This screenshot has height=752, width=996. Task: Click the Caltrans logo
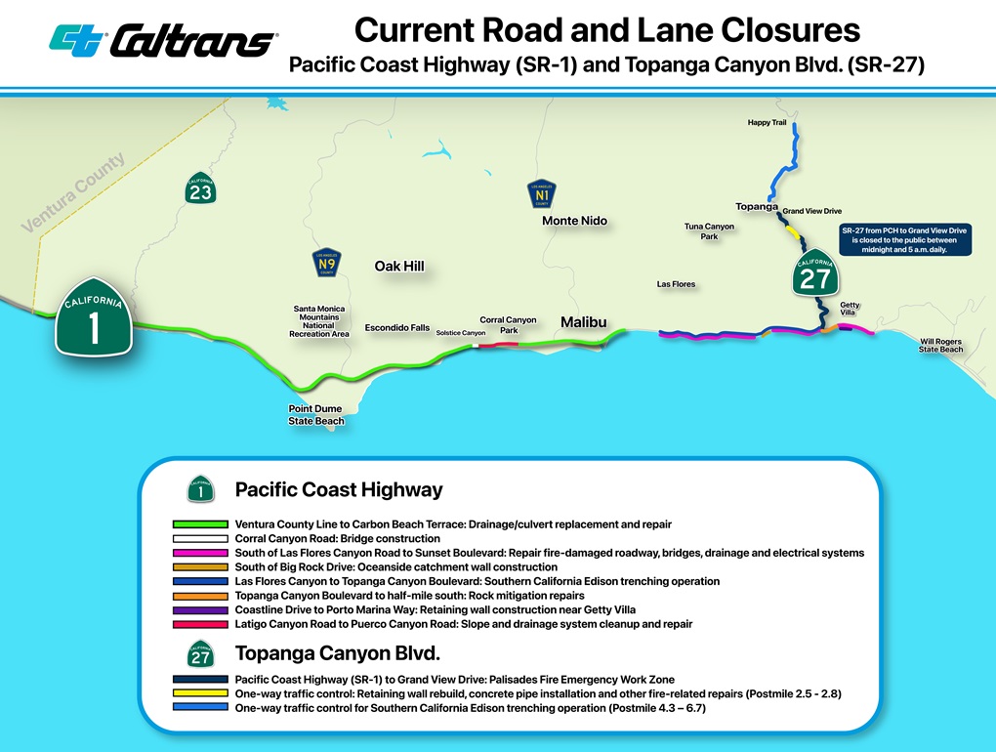163,40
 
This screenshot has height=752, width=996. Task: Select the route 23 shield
200,189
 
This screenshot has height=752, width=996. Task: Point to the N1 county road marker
543,194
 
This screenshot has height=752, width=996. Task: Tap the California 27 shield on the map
814,276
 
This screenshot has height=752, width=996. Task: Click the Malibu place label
584,322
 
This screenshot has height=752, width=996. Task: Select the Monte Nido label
574,221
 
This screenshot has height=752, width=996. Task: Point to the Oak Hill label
399,267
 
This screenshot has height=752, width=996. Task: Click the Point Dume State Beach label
315,414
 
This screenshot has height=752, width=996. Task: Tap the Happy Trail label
767,122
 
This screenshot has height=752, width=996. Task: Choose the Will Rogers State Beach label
941,346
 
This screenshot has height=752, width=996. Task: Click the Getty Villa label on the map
850,309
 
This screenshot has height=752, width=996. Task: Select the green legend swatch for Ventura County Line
200,524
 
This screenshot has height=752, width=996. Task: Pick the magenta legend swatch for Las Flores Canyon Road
200,553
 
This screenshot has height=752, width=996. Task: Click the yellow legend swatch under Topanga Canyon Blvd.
200,693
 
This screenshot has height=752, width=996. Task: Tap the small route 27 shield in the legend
200,656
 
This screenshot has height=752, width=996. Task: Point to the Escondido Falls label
396,328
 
